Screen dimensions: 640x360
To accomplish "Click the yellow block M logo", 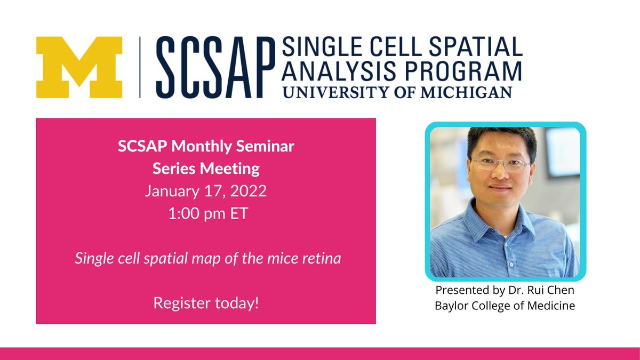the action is point(79,67).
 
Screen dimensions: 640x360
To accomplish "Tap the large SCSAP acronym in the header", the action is point(215,67).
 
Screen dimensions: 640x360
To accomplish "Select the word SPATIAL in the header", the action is point(476,46).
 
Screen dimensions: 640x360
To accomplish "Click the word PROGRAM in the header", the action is point(463,71).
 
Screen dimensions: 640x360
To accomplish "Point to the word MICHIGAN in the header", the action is point(467,92).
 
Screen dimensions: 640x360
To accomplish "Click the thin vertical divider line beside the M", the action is point(140,67).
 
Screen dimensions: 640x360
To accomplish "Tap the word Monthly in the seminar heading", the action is point(202,147).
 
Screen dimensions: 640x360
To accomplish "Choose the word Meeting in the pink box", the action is point(230,169).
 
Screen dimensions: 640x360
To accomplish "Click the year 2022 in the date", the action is point(249,190).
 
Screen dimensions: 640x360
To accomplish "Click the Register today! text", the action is point(206,303).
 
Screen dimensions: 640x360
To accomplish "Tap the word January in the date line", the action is point(172,191).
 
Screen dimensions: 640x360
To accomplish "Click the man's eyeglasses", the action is point(501,164).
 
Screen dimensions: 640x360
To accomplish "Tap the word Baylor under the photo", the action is point(451,306).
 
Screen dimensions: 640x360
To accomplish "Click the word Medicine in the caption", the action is point(551,306).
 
